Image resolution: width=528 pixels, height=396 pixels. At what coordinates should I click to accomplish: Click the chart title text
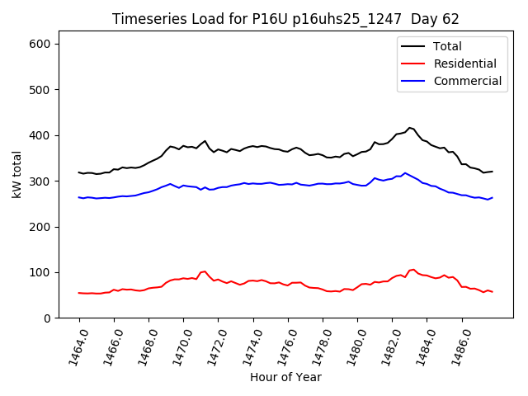coord(285,19)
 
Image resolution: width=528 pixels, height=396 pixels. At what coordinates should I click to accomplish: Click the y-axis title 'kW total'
coord(17,175)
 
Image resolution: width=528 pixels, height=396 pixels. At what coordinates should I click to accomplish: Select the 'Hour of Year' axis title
coord(285,377)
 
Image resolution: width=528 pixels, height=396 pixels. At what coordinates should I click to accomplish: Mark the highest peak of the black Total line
coord(409,128)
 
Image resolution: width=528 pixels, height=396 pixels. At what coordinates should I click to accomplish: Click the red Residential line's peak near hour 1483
coord(412,269)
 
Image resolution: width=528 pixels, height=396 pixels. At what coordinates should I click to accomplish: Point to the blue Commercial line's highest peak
coord(404,173)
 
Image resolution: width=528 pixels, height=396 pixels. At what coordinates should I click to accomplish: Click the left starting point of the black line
coord(79,172)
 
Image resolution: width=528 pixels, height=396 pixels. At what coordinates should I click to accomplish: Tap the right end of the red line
coord(493,292)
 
